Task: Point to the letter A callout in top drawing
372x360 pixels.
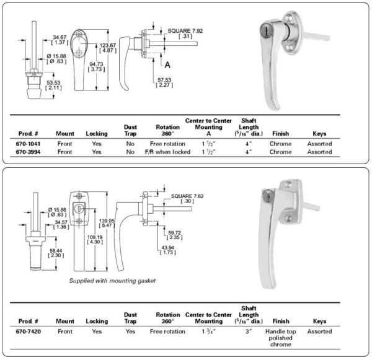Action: (167, 64)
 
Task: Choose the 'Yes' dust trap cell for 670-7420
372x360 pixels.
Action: (130, 331)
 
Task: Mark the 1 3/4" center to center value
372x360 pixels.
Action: (204, 331)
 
